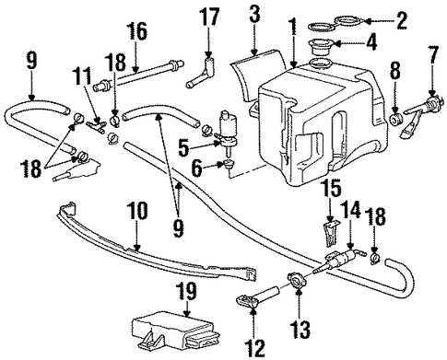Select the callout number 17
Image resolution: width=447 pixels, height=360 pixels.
coord(209,17)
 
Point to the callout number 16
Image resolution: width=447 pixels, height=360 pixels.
coord(137,33)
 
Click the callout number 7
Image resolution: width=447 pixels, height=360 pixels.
coord(433,53)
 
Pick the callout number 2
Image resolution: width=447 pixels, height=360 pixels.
coord(402,21)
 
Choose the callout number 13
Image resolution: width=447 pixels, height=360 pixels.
coord(300,328)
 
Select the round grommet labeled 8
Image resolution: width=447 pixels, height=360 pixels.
coord(395,119)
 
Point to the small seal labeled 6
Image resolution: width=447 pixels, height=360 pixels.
coord(228,164)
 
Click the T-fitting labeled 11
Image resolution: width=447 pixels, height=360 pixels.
coord(96,125)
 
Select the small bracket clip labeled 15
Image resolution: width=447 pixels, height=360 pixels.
coord(331,233)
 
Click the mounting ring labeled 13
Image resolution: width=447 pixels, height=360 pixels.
coord(297,281)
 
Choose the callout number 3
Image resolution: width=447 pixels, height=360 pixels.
coord(254,17)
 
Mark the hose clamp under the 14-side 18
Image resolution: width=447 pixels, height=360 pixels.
coord(375,259)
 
